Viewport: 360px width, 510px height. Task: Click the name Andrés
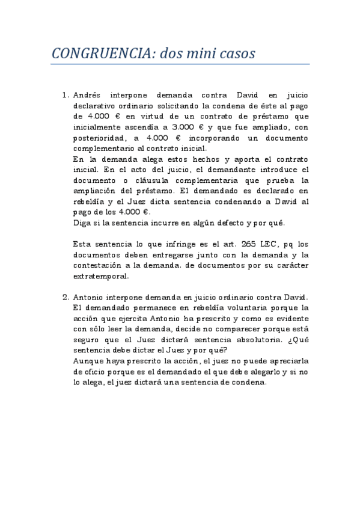[88, 95]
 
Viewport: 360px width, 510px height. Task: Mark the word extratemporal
[100, 277]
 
